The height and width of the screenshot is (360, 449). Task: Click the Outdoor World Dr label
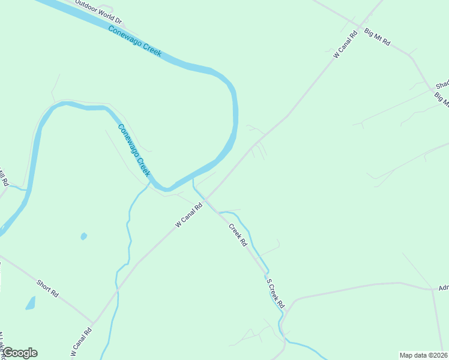(x=98, y=13)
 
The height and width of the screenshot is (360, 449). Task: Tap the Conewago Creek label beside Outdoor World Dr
(x=135, y=41)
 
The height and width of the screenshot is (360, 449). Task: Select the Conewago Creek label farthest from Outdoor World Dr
(x=134, y=150)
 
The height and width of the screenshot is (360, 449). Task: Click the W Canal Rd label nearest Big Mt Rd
(x=345, y=44)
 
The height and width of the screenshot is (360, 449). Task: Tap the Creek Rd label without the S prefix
(x=238, y=236)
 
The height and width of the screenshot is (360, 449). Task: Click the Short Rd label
(x=47, y=288)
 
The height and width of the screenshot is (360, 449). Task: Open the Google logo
(x=20, y=353)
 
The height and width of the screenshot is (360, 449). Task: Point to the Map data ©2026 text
(x=423, y=355)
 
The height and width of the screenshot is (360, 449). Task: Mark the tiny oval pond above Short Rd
(x=83, y=236)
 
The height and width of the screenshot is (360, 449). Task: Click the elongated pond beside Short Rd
(x=31, y=303)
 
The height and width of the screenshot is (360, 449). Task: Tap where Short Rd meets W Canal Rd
(x=93, y=322)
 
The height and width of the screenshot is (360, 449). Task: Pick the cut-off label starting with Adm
(x=444, y=287)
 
